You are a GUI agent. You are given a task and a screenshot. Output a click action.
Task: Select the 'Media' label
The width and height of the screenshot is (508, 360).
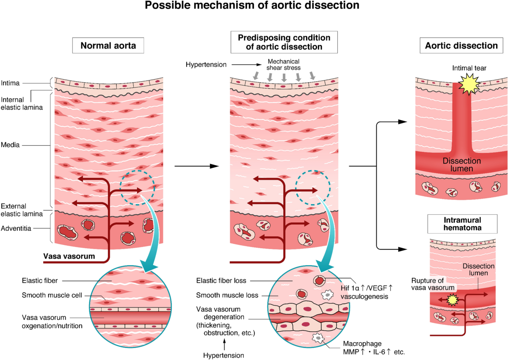click(x=10, y=145)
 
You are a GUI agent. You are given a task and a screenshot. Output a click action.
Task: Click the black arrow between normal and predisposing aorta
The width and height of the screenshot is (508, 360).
click(x=197, y=166)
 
